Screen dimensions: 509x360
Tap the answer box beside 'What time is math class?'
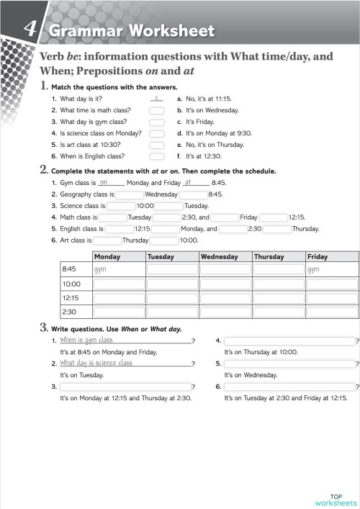point(156,111)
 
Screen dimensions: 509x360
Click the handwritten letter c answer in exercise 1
point(156,97)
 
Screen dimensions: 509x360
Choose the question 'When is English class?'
point(92,156)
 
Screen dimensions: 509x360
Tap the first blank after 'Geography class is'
point(130,194)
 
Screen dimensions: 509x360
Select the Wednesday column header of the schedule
point(225,257)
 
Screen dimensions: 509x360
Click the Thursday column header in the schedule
point(278,257)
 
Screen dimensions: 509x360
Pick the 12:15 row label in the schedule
point(71,297)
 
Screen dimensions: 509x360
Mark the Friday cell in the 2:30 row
point(331,312)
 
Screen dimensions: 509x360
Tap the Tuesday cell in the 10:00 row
point(172,284)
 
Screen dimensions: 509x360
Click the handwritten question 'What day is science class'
point(96,364)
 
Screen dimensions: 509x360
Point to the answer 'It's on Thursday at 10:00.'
point(261,352)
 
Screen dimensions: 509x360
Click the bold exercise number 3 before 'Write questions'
point(44,328)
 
